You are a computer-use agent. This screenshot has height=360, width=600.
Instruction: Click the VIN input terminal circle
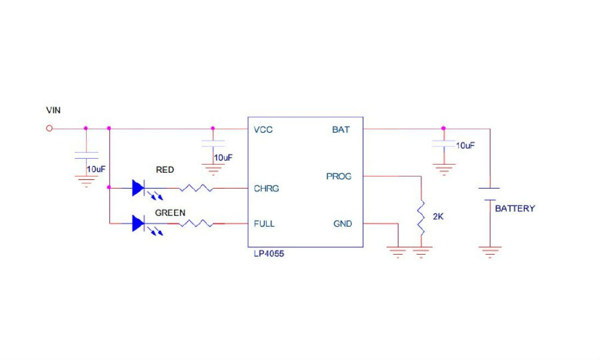tap(49, 129)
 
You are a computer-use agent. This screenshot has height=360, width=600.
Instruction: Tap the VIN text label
tap(53, 110)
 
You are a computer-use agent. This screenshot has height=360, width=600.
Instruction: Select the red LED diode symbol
tap(138, 188)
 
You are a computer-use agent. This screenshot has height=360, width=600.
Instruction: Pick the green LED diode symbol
tap(138, 223)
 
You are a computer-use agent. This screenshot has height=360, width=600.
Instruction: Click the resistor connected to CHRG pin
tap(196, 188)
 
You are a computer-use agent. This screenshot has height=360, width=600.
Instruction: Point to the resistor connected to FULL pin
tap(196, 223)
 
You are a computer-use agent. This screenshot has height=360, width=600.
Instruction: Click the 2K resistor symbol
tap(421, 217)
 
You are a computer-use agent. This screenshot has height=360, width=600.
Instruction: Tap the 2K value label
tap(438, 217)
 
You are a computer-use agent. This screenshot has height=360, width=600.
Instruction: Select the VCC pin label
tap(263, 130)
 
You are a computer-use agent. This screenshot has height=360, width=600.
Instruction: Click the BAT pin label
tap(341, 130)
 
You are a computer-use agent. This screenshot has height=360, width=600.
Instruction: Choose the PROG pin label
tap(339, 177)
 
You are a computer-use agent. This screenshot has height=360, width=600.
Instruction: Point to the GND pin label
tap(343, 224)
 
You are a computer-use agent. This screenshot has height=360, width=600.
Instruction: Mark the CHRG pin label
tap(266, 189)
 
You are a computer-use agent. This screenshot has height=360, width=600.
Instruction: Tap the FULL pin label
tap(264, 224)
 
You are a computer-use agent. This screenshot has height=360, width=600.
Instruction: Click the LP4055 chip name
tap(269, 253)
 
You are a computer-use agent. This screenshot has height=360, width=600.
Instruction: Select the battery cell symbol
tap(489, 194)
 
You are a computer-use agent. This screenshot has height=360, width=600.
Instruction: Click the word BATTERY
tap(515, 209)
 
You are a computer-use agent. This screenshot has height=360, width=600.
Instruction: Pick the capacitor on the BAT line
tap(444, 144)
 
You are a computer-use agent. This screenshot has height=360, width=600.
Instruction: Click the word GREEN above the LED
tap(170, 213)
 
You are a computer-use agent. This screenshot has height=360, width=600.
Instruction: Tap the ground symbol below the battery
tap(490, 252)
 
